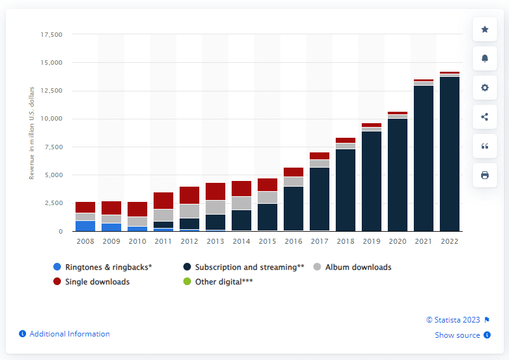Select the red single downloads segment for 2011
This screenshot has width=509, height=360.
(x=163, y=200)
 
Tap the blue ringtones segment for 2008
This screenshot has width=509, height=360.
(x=84, y=225)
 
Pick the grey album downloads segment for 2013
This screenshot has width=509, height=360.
(x=215, y=207)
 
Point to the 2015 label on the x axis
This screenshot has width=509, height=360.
(x=267, y=241)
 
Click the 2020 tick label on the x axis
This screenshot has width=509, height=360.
(x=397, y=241)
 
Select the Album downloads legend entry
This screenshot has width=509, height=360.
(x=358, y=267)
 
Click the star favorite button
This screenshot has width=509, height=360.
(x=485, y=29)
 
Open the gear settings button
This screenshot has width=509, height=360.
(x=485, y=88)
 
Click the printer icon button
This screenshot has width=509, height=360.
(x=485, y=175)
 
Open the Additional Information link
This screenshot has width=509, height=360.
(x=69, y=334)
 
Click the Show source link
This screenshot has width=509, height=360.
(x=457, y=335)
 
